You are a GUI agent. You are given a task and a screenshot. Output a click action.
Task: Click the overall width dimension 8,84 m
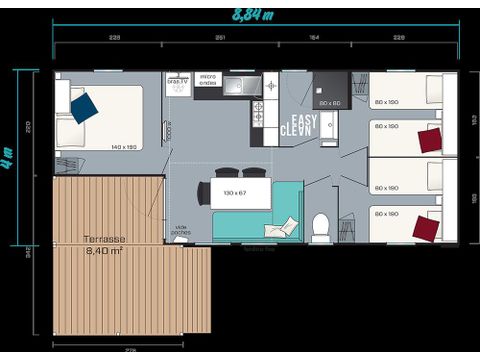pyautogui.click(x=254, y=15)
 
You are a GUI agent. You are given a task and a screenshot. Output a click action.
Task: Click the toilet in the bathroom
pyautogui.click(x=321, y=228)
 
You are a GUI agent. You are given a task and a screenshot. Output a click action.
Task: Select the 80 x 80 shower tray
pyautogui.click(x=330, y=91)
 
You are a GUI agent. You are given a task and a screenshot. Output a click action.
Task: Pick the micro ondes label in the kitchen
pyautogui.click(x=208, y=80)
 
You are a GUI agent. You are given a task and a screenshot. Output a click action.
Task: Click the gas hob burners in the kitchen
pyautogui.click(x=257, y=111)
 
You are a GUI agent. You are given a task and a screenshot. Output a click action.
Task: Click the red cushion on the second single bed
pyautogui.click(x=430, y=139)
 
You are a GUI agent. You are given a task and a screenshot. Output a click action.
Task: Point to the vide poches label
pyautogui.click(x=181, y=230)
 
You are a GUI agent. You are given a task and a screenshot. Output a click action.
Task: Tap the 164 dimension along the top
pyautogui.click(x=313, y=37)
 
